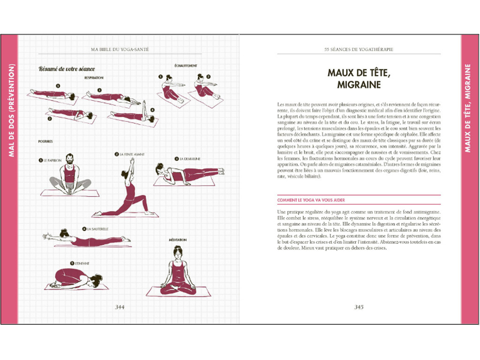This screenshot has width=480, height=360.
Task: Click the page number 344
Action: tap(120, 307)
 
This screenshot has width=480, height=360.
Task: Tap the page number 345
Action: tap(359, 307)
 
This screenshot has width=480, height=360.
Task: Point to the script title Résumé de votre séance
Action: tap(67, 69)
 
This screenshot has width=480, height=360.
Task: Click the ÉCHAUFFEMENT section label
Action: tap(186, 66)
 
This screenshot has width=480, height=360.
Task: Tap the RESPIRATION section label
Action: tap(94, 78)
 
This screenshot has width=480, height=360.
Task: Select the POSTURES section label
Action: tap(45, 141)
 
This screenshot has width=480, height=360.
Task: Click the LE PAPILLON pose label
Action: tap(53, 160)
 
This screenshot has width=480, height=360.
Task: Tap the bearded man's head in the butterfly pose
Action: tap(69, 159)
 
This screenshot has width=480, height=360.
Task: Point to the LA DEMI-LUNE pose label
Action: tap(190, 159)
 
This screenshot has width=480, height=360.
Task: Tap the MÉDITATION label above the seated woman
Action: tap(178, 240)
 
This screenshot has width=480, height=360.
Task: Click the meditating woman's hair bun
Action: tap(177, 247)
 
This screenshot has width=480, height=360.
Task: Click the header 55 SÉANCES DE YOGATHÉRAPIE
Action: tap(359, 49)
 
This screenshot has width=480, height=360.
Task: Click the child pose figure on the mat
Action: tap(75, 278)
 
